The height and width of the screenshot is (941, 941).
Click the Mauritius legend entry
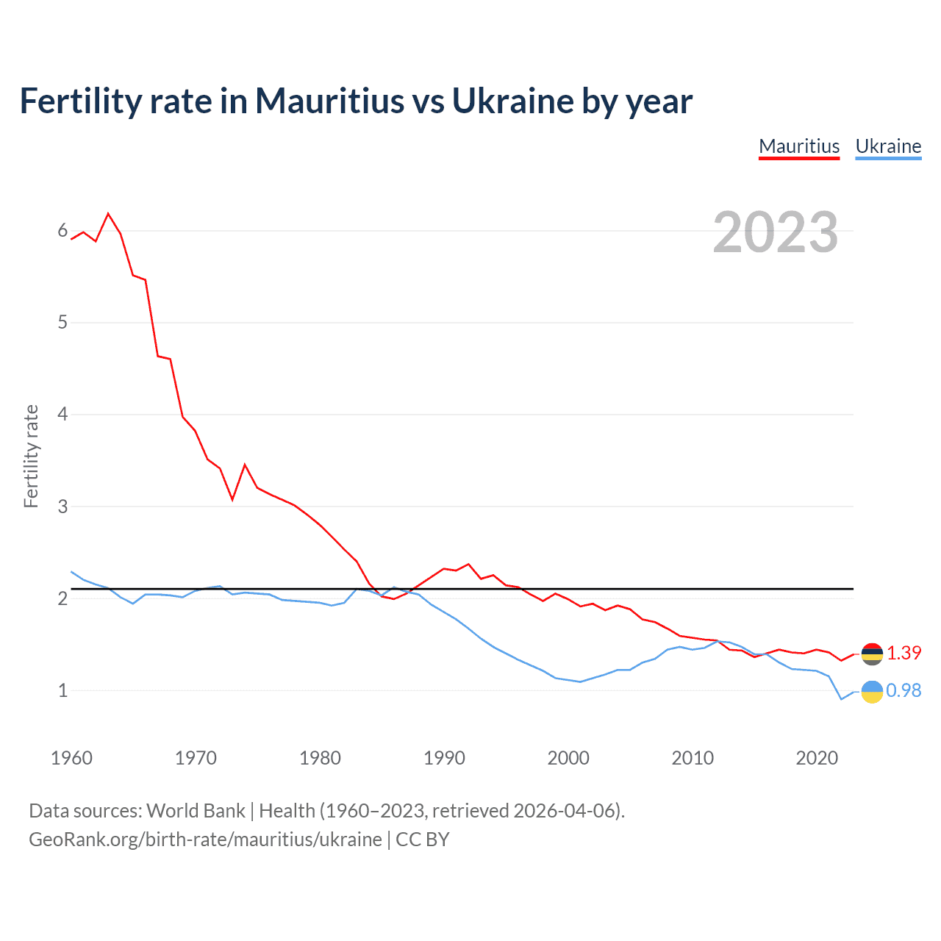[x=799, y=146]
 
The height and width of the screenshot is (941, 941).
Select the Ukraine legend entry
[x=888, y=146]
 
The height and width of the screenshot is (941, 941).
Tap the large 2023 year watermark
[x=775, y=232]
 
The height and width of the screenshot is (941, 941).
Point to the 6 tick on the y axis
[x=62, y=231]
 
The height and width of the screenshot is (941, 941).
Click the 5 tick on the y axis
[x=62, y=322]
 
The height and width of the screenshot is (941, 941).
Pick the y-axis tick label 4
[x=62, y=415]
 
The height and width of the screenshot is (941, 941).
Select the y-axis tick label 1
[x=62, y=690]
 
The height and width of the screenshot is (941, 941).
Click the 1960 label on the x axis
[x=71, y=758]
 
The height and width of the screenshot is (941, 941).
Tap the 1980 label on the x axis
[x=320, y=758]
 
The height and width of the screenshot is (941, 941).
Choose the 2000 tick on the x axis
[x=568, y=758]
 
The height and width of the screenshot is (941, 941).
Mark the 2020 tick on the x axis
[x=817, y=758]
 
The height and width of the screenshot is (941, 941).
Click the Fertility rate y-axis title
[x=31, y=456]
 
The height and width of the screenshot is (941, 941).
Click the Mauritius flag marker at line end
[x=872, y=654]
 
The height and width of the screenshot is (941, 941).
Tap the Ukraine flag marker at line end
[x=872, y=692]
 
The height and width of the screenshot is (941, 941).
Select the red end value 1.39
[x=904, y=653]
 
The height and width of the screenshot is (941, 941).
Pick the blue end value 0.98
[x=904, y=690]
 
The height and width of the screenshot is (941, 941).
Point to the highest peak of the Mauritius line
[x=109, y=214]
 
